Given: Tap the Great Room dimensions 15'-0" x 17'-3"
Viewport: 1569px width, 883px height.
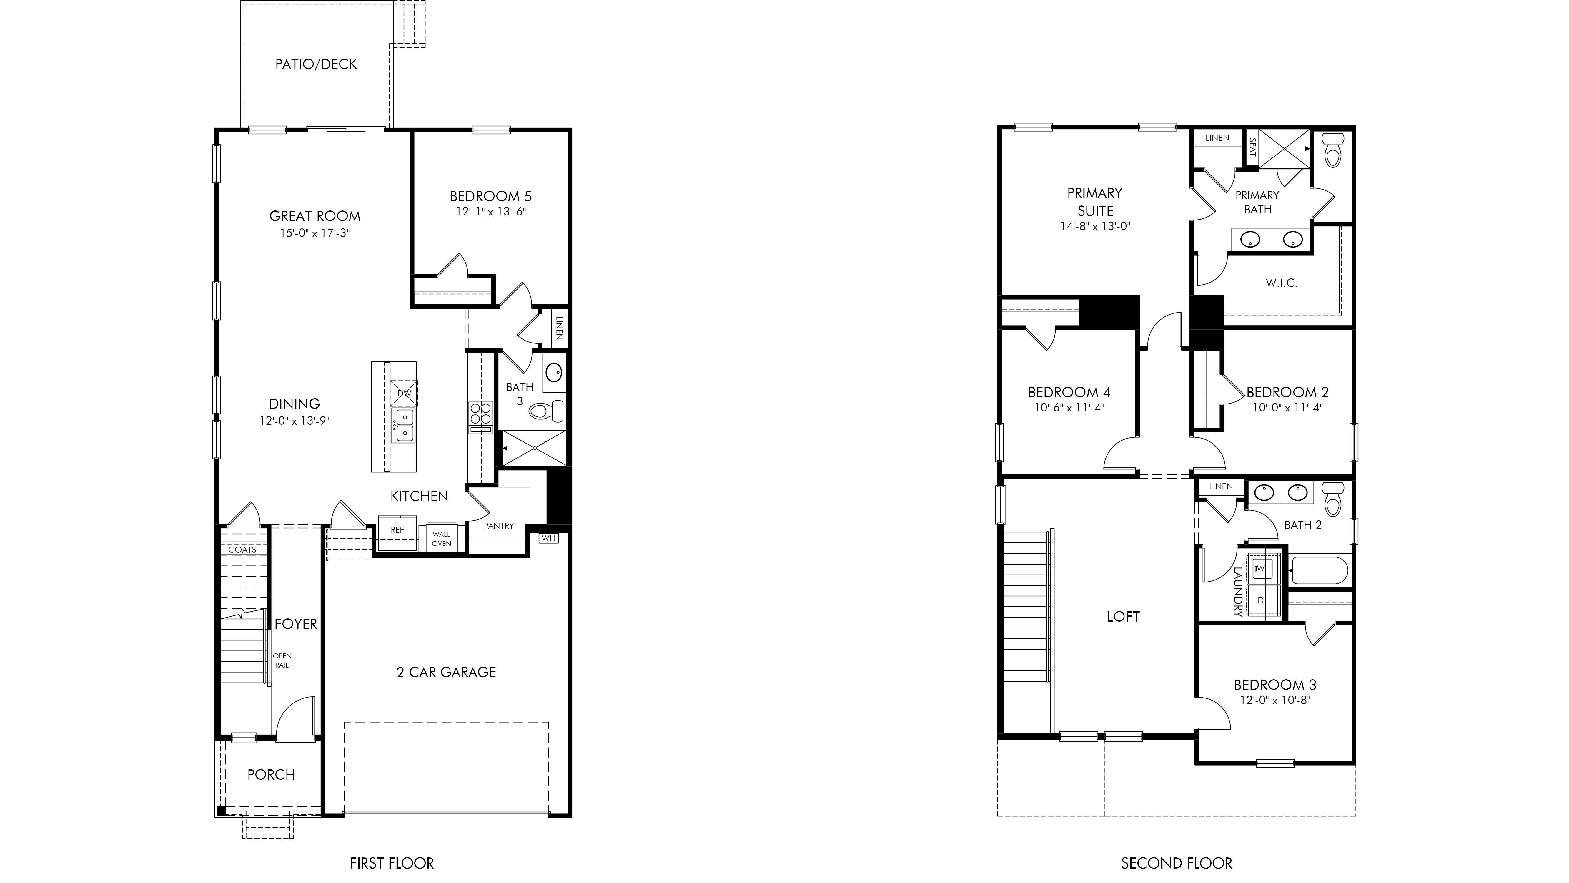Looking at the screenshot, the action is tap(315, 233).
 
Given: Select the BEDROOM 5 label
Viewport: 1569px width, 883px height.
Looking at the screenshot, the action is tap(491, 196).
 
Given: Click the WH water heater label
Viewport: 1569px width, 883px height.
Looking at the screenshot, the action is tap(548, 538).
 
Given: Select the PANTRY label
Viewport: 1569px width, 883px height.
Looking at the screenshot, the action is tap(499, 525).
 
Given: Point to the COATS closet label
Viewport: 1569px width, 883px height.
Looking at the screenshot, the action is tap(242, 550).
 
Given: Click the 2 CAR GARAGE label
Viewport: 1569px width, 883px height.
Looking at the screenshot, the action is tap(447, 672).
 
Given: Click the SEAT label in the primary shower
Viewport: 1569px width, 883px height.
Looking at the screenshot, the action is tap(1253, 147).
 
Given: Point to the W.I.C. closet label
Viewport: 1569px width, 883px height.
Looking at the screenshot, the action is tap(1282, 283).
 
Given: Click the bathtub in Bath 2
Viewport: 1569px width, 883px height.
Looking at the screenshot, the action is tap(1319, 570).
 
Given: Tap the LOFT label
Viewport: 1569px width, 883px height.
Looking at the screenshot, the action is tap(1123, 617).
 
